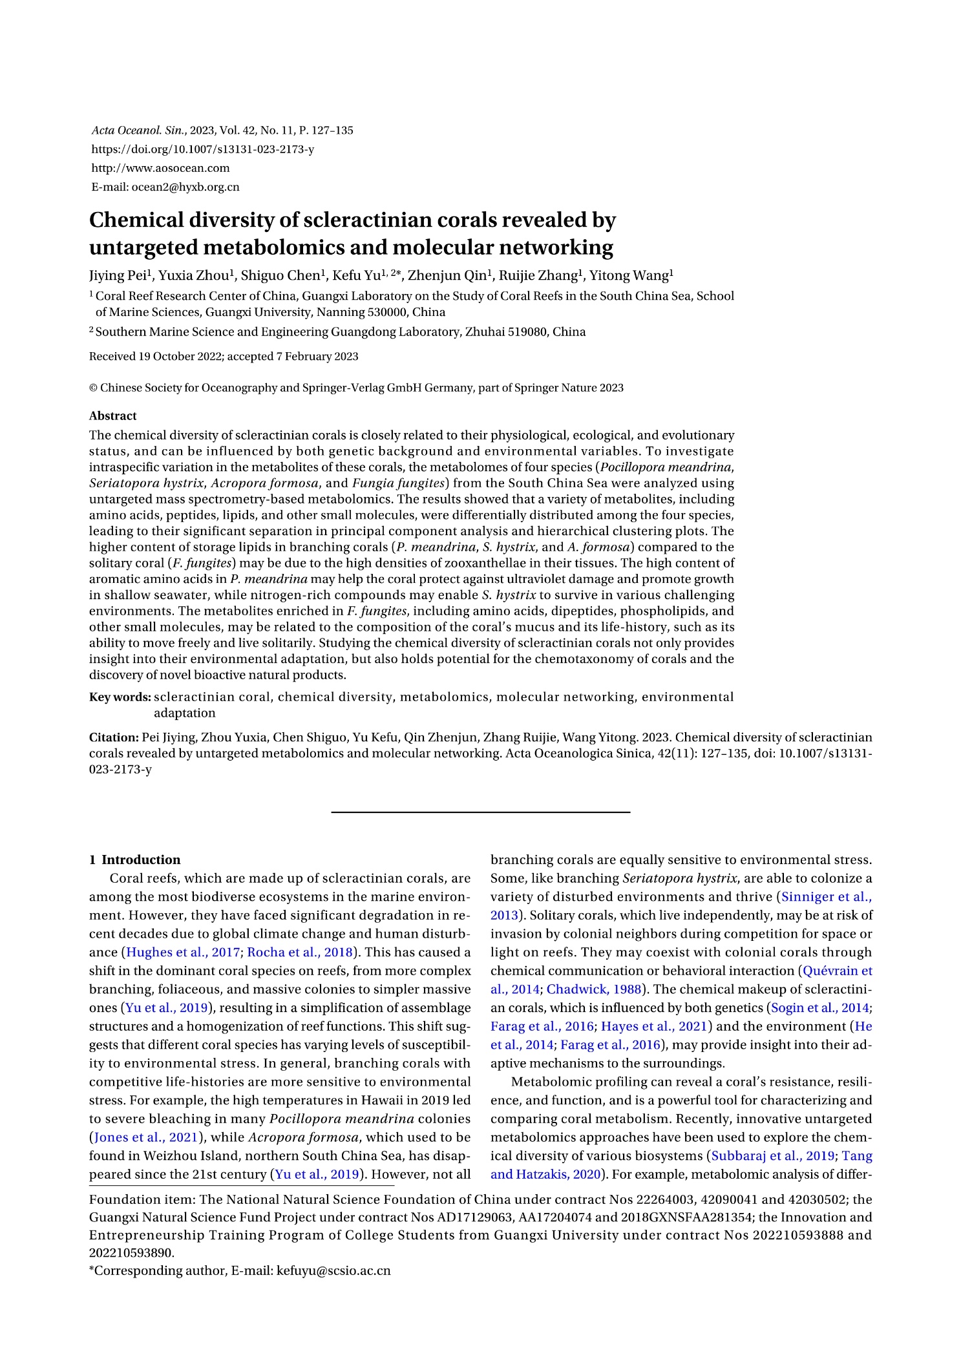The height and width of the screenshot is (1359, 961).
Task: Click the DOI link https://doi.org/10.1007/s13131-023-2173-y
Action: coord(203,149)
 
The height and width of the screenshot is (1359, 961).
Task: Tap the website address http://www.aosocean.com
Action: coord(160,168)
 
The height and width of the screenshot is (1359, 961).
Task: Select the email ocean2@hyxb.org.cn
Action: coord(185,187)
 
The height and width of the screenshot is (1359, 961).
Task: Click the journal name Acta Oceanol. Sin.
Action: coord(138,131)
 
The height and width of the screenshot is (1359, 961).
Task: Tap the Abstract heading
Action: coord(112,416)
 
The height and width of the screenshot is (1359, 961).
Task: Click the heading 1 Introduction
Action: coord(135,859)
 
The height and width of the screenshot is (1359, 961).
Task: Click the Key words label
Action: coord(120,697)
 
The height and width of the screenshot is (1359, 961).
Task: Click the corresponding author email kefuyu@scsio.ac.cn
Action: coord(333,1270)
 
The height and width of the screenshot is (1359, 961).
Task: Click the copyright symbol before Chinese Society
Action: coord(93,388)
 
